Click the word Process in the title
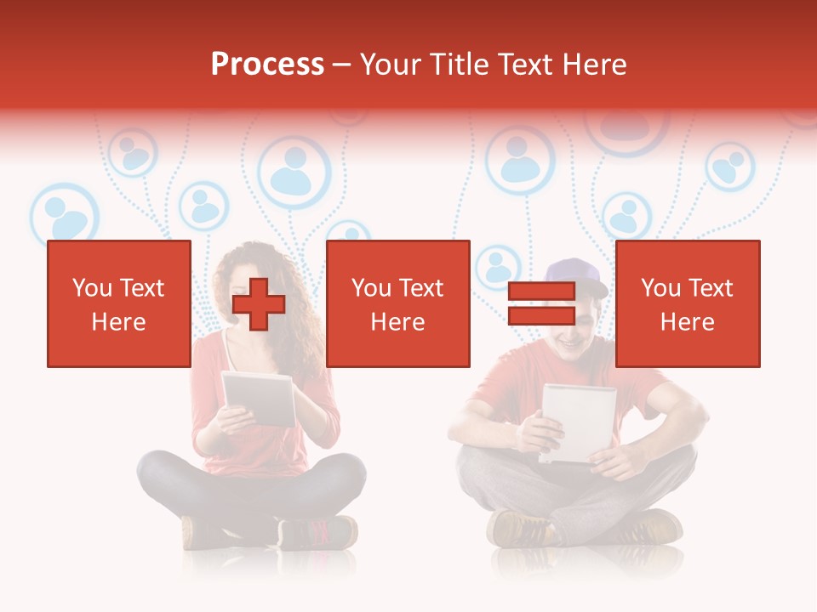[x=267, y=65]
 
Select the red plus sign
[x=259, y=304]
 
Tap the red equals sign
[x=541, y=304]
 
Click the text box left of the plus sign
[x=118, y=303]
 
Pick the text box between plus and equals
[x=397, y=303]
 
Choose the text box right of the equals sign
[x=687, y=303]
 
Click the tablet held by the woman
[x=259, y=397]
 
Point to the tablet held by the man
[x=579, y=421]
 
